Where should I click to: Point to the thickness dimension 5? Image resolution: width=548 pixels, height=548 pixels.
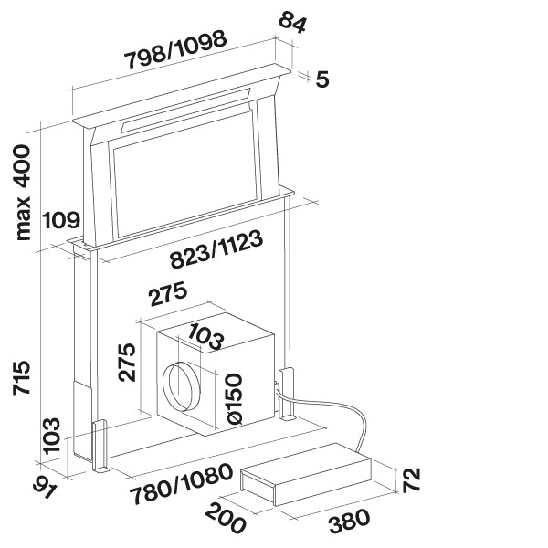tap(321, 79)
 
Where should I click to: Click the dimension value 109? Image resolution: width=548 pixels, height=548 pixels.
tap(60, 220)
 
